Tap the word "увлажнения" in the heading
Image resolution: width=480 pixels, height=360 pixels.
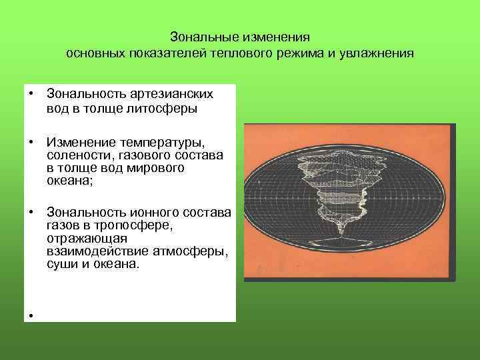pos(382,53)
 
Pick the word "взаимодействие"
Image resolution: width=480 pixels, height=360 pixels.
pos(91,251)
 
